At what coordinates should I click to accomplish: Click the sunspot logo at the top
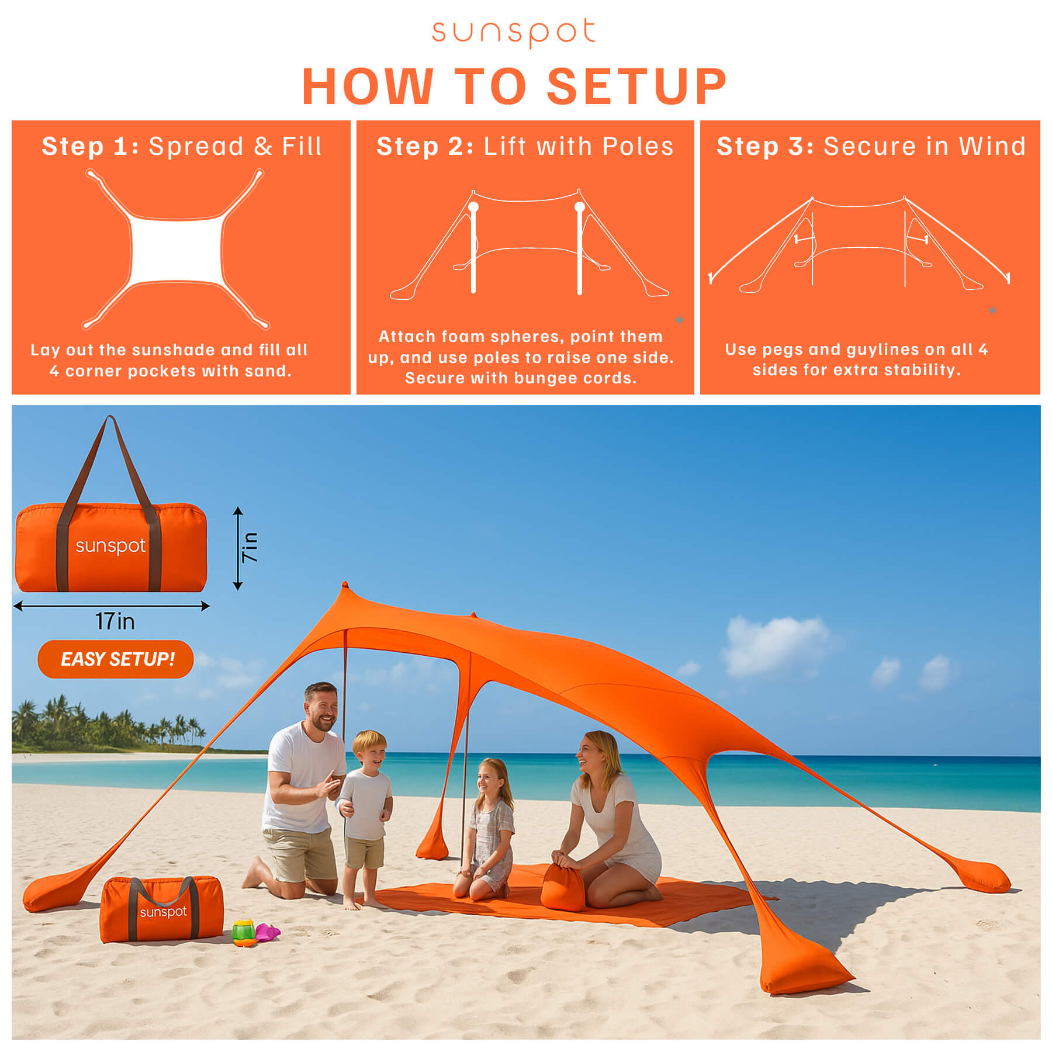tap(513, 33)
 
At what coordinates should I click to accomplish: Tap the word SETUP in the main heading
tap(636, 86)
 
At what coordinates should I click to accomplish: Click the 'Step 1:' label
tap(90, 146)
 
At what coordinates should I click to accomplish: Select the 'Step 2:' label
tap(425, 146)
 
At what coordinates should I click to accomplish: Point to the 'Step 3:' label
tap(765, 146)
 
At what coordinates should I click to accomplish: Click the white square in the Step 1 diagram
tap(177, 251)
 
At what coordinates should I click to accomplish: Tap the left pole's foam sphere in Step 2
tap(473, 207)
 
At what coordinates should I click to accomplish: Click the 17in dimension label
tap(115, 621)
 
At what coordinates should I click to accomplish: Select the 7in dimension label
tap(250, 548)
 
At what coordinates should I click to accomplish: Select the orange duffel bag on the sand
tap(161, 909)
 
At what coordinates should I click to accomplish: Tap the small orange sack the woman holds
tap(563, 886)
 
